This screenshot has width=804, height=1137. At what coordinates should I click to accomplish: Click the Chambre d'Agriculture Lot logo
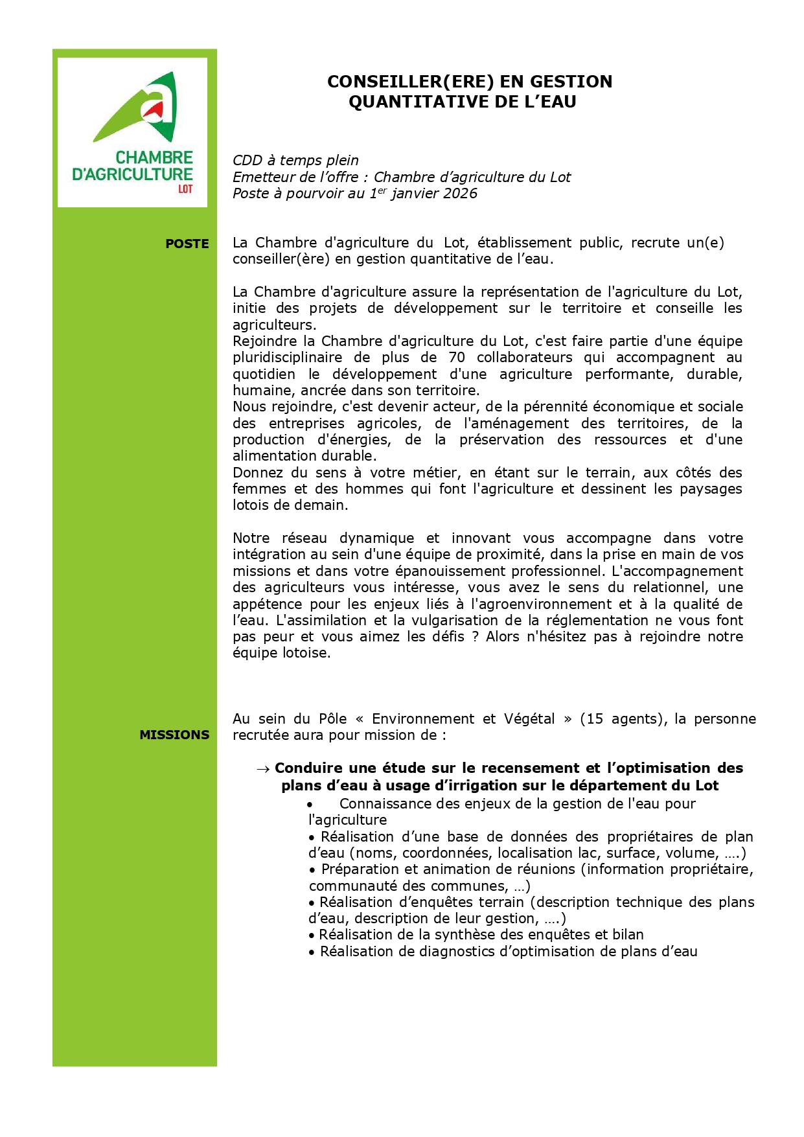[x=132, y=132]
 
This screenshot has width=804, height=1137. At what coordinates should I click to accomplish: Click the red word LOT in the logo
[x=185, y=189]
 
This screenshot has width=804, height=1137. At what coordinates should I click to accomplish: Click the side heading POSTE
[x=187, y=244]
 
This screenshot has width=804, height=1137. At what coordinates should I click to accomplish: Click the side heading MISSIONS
[x=174, y=735]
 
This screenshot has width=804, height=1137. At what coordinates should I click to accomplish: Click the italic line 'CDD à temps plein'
[x=295, y=160]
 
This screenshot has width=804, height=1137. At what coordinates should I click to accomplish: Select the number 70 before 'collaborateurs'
[x=457, y=358]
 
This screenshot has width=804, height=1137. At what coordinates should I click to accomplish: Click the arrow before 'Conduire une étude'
[x=262, y=769]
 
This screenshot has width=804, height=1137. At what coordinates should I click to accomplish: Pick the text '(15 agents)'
[x=624, y=718]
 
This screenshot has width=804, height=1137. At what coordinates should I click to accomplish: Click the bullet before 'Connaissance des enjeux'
[x=311, y=805]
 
